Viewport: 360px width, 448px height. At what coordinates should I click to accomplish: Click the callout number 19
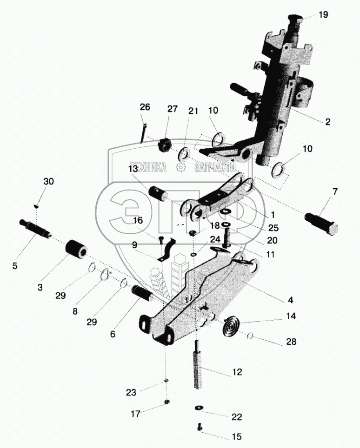[323, 14]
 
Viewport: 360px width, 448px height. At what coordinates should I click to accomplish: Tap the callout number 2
[327, 122]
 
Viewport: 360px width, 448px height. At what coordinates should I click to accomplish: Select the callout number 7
[335, 191]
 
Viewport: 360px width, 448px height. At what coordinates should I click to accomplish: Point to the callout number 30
[49, 181]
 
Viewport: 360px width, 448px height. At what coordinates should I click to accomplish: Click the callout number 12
[237, 372]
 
